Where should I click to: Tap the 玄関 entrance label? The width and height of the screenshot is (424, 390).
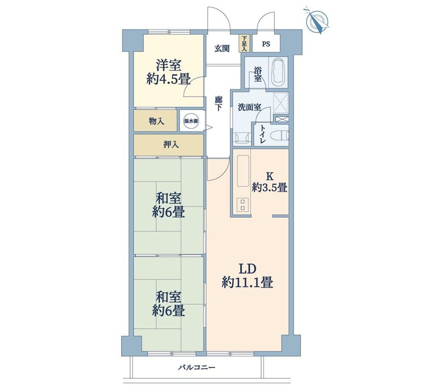[x=222, y=49]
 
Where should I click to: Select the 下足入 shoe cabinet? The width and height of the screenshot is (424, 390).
[x=245, y=44]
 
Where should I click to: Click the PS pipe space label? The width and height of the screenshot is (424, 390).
[x=266, y=44]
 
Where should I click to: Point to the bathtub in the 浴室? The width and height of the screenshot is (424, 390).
[x=278, y=72]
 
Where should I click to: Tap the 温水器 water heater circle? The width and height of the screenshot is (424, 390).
[x=191, y=121]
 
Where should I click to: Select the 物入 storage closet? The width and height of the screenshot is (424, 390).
[x=156, y=120]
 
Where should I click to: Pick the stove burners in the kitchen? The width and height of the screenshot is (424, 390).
[x=243, y=205]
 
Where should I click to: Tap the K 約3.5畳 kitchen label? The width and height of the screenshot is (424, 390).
[x=269, y=182]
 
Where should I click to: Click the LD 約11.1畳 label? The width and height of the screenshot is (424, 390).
[x=247, y=276]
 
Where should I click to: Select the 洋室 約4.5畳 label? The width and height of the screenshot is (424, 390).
[x=168, y=72]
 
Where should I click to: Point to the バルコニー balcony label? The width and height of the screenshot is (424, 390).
[x=197, y=368]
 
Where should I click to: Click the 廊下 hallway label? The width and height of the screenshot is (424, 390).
[x=218, y=104]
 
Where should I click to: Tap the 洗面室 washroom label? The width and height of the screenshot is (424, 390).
[x=249, y=107]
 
